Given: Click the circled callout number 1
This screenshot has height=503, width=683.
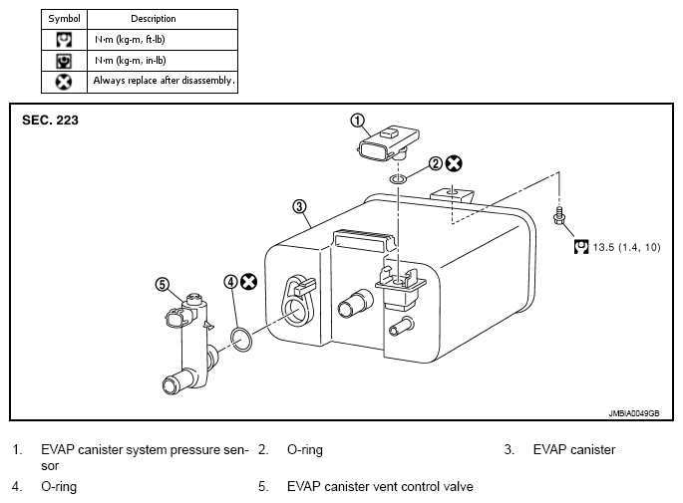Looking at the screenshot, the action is point(357,121).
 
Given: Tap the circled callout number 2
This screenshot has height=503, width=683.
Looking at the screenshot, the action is point(435,163).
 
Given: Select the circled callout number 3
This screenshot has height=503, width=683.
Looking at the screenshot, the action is point(299,206).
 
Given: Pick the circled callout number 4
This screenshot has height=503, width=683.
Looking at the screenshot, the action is point(230,282).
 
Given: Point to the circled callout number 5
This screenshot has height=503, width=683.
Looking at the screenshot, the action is point(163,285).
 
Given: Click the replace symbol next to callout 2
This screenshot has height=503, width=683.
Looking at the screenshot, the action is point(454,163).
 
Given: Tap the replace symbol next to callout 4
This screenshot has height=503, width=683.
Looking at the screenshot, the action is point(248,282).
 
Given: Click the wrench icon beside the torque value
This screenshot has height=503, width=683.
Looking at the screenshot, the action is point(581,247).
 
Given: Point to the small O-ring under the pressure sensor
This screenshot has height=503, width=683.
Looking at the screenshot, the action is point(398,179).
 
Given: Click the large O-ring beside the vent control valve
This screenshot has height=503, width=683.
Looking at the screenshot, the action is point(241,339).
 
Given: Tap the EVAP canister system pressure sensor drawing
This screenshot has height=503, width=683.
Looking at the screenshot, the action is point(388,143).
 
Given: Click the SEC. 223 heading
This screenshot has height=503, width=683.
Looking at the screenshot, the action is point(50,121).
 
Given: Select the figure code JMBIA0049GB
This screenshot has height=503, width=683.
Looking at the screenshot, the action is point(634,413).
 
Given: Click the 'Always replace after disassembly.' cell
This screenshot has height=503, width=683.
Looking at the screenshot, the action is point(163,82).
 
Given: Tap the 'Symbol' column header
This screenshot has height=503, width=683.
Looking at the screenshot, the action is point(64,19).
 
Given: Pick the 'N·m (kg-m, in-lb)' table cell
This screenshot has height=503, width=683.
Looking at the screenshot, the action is point(163,61).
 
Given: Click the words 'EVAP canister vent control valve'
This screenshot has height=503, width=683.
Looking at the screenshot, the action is point(380,486).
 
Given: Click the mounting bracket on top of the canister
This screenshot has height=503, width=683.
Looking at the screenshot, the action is point(452,194).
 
